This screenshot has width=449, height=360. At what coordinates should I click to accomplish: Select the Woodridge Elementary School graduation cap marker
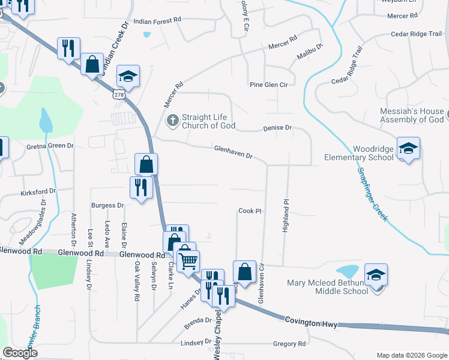[x=408, y=148]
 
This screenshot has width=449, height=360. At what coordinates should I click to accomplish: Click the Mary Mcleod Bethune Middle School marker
[x=376, y=275]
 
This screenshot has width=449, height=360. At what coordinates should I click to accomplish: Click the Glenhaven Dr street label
[x=234, y=153]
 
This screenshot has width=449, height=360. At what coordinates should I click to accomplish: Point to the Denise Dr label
[x=277, y=128]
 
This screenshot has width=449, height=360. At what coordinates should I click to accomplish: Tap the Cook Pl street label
[x=250, y=211]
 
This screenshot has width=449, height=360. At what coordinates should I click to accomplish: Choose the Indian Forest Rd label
[x=157, y=20]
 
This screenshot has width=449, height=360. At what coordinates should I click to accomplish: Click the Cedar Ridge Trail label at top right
[x=416, y=34]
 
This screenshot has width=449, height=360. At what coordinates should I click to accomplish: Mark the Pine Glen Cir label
[x=269, y=85]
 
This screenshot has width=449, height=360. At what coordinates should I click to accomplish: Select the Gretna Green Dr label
[x=50, y=146]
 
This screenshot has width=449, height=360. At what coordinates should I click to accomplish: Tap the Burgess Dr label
[x=107, y=205]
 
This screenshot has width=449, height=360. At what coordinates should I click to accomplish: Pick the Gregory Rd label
[x=289, y=344]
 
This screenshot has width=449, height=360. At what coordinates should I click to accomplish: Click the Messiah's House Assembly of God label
[x=412, y=116]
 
